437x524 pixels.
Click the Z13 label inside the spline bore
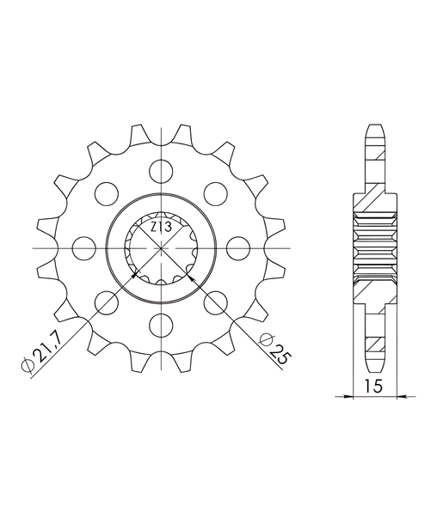pyautogui.click(x=161, y=228)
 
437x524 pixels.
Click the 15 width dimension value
pyautogui.click(x=373, y=386)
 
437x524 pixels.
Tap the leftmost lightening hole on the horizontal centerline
pyautogui.click(x=84, y=248)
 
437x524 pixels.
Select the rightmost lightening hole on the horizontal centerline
pyautogui.click(x=238, y=248)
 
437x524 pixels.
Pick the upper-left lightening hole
pyautogui.click(x=107, y=194)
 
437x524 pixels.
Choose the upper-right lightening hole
pyautogui.click(x=216, y=194)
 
